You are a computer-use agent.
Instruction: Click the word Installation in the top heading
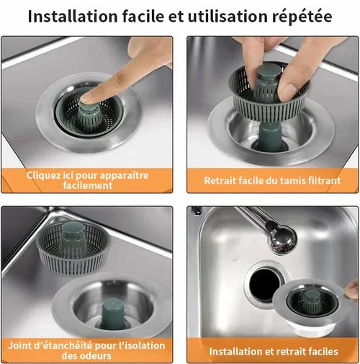(73, 17)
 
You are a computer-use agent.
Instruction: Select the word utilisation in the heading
(228, 17)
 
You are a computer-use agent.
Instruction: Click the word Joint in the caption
(19, 346)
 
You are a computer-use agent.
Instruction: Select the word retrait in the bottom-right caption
(290, 352)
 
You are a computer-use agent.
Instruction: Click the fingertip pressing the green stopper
(87, 99)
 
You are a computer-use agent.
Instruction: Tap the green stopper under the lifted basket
(270, 136)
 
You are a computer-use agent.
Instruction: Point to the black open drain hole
(264, 285)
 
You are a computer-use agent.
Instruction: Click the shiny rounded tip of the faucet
(284, 241)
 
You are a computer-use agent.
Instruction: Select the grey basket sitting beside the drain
(73, 247)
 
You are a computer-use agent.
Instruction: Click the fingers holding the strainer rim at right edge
(352, 289)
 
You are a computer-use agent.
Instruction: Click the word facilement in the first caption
(88, 185)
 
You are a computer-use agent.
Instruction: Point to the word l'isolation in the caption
(142, 346)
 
